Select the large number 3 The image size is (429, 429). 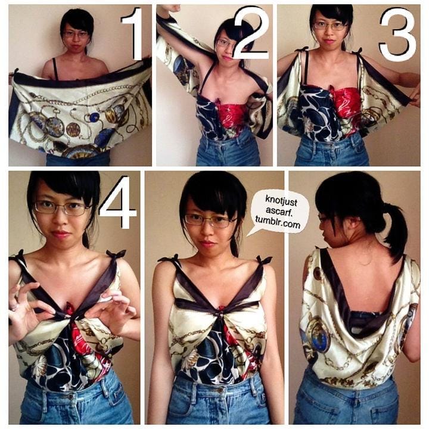coord(397,34)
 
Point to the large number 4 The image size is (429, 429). coord(117,202)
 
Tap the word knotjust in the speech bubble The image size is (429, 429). coord(281,201)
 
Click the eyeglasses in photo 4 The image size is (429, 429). coord(61,208)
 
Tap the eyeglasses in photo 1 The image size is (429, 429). coord(76,35)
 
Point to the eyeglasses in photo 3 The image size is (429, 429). coord(330,27)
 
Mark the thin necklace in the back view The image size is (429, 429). coord(365,262)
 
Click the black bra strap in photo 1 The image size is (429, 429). coord(55,69)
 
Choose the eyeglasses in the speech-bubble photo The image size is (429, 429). coord(210,220)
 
